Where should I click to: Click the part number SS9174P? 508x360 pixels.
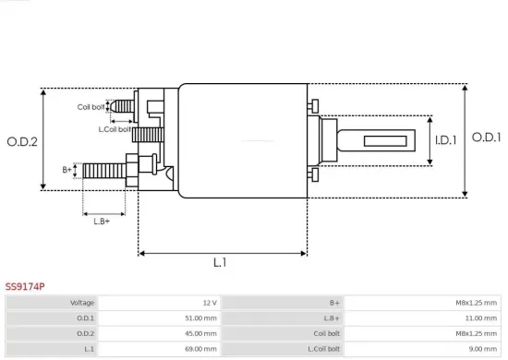(24, 287)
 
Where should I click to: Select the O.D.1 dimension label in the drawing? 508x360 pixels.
(486, 137)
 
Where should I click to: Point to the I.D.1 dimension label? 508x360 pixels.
(447, 140)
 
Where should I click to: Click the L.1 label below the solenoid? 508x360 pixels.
(220, 263)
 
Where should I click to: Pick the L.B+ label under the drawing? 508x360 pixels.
(102, 220)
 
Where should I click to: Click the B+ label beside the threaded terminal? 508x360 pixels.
(67, 170)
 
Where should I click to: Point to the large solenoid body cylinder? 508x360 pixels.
(242, 140)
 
